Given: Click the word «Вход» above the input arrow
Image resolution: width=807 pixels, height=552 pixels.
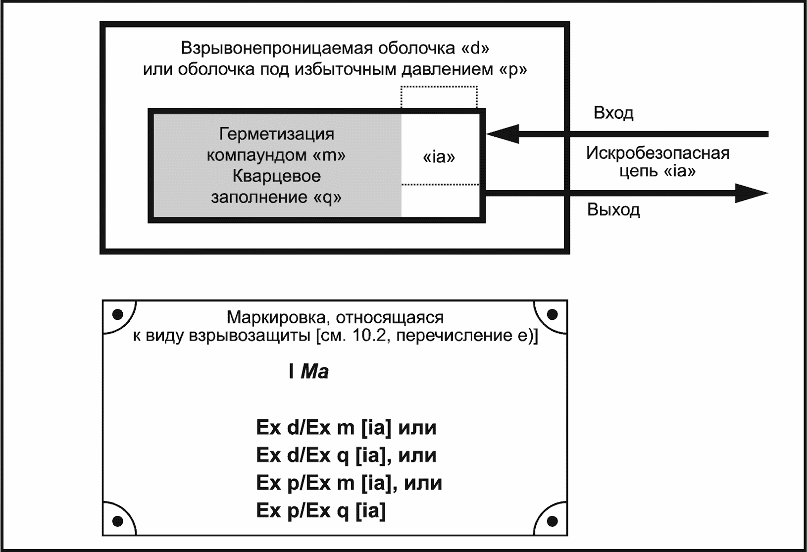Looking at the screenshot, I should tap(613, 113).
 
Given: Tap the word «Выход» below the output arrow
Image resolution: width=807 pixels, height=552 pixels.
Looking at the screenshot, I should tap(613, 210).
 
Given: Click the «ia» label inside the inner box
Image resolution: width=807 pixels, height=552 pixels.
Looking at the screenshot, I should tap(439, 157).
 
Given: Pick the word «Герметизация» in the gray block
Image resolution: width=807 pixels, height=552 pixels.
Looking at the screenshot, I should tap(277, 134).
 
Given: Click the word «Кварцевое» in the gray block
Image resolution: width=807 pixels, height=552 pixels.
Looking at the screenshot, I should tap(277, 176).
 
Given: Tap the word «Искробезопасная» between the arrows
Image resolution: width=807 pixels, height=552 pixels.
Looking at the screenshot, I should tap(657, 153).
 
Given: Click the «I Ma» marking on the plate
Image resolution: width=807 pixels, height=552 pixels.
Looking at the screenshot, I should tap(309, 372).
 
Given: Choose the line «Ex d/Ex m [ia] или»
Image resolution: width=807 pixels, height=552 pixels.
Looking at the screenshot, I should tap(346, 428).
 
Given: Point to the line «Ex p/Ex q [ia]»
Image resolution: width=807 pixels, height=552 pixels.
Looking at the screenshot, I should tap(321, 510).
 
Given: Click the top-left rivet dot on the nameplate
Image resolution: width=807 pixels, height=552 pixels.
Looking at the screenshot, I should tap(118, 314).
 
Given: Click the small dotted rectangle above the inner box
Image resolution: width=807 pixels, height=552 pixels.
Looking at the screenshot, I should tap(439, 97).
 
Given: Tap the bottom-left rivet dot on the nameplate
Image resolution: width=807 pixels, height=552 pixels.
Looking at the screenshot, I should tap(118, 521).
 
